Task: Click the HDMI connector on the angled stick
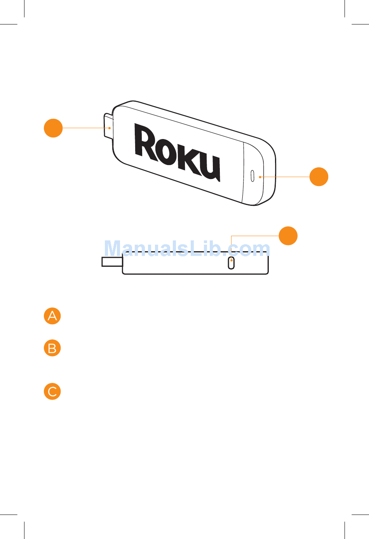point(108,125)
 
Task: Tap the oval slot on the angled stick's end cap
point(252,176)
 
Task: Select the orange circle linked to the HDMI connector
point(53,128)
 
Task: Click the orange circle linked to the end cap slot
point(319,177)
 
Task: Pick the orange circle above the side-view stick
point(288,236)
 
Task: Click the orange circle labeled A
point(52,316)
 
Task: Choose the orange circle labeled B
point(52,348)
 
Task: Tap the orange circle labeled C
point(52,391)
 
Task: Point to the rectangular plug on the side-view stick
point(112,262)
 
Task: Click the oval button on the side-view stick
point(231,263)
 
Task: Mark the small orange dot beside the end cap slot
point(260,177)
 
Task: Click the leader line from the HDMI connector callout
point(85,128)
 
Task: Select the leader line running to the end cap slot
point(285,177)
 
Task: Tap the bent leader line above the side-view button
point(254,236)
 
